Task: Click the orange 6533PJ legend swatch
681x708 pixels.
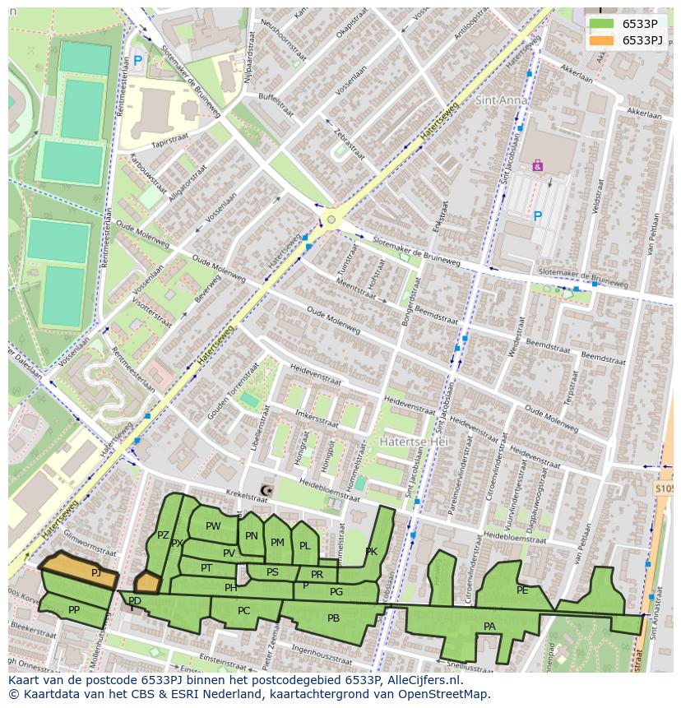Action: click(x=601, y=40)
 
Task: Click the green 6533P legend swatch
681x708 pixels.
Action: click(x=601, y=24)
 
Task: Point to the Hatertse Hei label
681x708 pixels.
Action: click(x=412, y=442)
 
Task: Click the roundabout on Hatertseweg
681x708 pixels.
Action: click(x=331, y=219)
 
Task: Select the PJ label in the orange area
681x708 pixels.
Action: click(x=96, y=573)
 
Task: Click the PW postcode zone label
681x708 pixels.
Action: click(x=213, y=526)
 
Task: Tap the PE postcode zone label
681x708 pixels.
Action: click(x=522, y=590)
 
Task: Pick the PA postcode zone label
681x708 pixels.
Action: click(x=489, y=627)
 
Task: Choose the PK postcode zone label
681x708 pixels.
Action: click(x=372, y=552)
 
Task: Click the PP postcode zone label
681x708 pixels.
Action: click(x=74, y=610)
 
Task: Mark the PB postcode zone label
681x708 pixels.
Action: click(x=333, y=618)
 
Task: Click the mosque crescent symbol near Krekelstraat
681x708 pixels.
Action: click(x=265, y=491)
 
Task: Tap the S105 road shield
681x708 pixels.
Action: click(x=665, y=488)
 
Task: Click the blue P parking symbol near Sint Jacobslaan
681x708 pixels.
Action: click(x=537, y=216)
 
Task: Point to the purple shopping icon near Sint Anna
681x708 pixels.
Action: click(x=537, y=165)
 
